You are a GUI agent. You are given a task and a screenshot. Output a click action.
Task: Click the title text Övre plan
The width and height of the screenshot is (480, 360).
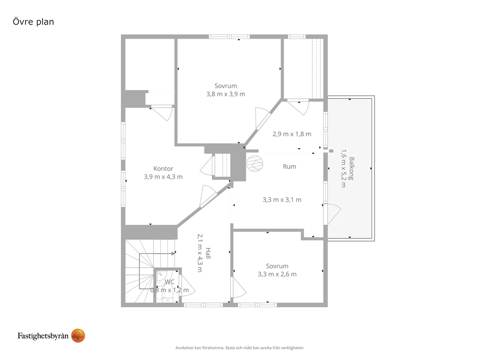click(x=33, y=22)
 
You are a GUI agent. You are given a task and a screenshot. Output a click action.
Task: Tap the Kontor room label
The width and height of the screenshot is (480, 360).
click(x=163, y=169)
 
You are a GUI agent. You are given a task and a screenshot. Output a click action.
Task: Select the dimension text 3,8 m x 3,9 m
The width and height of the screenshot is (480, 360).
click(x=225, y=94)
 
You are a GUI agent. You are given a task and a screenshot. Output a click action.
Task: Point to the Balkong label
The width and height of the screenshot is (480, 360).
click(x=351, y=169)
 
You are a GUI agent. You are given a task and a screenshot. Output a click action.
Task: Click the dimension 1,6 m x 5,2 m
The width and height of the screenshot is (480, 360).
click(x=344, y=169)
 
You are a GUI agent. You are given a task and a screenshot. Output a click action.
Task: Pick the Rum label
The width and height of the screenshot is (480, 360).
click(x=289, y=166)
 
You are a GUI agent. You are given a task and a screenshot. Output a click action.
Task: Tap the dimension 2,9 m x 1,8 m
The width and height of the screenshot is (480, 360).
click(x=292, y=134)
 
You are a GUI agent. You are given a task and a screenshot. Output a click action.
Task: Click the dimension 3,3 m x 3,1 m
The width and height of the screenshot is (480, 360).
click(x=282, y=199)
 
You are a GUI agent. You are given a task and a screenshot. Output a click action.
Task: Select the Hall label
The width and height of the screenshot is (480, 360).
click(x=208, y=253)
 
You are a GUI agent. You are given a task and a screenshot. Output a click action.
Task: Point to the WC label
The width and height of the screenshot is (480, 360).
click(x=169, y=282)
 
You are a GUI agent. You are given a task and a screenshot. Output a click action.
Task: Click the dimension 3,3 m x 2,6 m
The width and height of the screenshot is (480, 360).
click(x=277, y=274)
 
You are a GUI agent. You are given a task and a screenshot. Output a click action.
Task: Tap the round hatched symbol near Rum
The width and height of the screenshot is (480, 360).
click(x=255, y=164)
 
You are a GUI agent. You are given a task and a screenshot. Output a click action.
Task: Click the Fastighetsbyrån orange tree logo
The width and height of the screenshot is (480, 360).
click(x=78, y=335)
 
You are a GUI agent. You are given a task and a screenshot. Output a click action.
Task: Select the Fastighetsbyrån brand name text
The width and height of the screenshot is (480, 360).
click(x=43, y=336)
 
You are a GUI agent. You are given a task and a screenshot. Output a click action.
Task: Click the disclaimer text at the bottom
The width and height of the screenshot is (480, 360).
click(x=240, y=348)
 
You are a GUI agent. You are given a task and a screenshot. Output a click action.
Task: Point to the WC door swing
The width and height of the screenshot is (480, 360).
click(x=187, y=285)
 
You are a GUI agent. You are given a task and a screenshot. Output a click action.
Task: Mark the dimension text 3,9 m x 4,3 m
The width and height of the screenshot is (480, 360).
click(x=163, y=177)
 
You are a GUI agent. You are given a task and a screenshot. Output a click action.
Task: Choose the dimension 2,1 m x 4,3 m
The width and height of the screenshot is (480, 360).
click(x=200, y=253)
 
